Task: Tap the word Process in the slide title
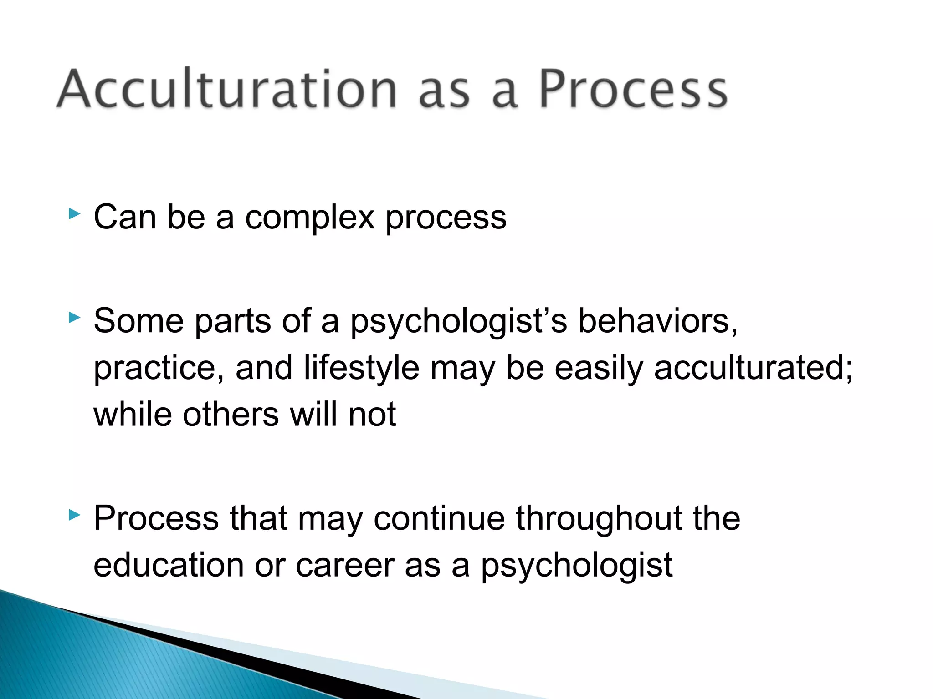tap(633, 89)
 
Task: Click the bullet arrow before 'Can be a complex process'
tap(74, 213)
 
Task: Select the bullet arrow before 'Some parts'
tap(74, 317)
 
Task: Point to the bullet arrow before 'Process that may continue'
tap(74, 515)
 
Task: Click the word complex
tap(310, 218)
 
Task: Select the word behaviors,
tap(657, 321)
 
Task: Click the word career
tap(345, 566)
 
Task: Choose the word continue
tap(439, 518)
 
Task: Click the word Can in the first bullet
tap(125, 218)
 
